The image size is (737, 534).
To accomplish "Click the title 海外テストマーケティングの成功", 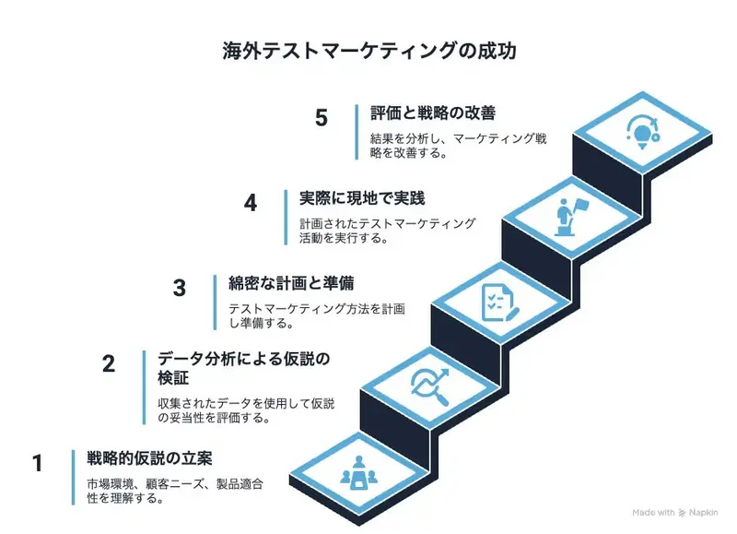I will (368, 51).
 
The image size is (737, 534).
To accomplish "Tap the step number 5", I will (321, 118).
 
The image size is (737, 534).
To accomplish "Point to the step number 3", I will (180, 288).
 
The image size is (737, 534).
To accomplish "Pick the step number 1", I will (38, 462).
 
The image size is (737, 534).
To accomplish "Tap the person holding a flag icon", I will (568, 214).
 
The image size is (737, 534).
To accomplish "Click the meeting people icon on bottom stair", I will (357, 473).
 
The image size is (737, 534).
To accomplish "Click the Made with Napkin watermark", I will (680, 512).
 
